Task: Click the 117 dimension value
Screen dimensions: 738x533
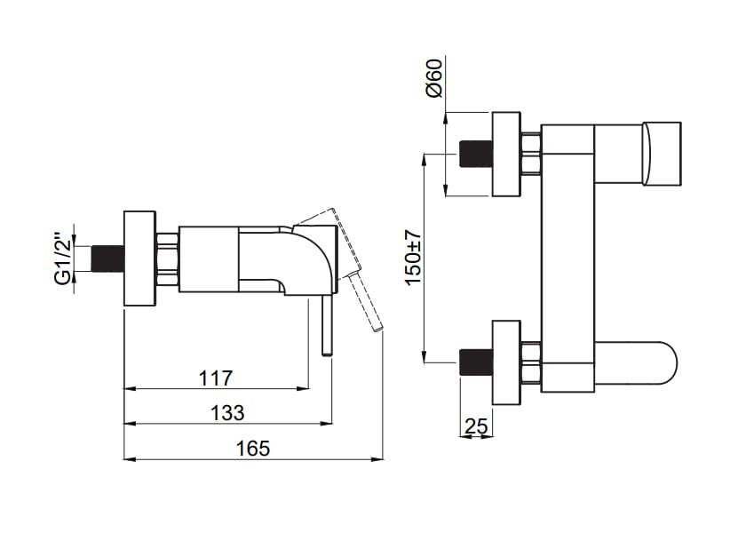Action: click(216, 378)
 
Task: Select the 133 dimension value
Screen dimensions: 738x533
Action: click(227, 413)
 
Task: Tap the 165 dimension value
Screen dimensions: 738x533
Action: click(253, 449)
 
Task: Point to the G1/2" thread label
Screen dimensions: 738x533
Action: click(62, 259)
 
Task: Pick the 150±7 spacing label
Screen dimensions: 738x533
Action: click(413, 257)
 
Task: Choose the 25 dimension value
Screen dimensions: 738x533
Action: click(476, 426)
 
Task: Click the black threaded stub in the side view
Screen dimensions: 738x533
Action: click(107, 259)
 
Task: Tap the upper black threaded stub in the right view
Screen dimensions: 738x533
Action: click(475, 154)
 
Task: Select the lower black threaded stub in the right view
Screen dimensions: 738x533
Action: click(475, 362)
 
